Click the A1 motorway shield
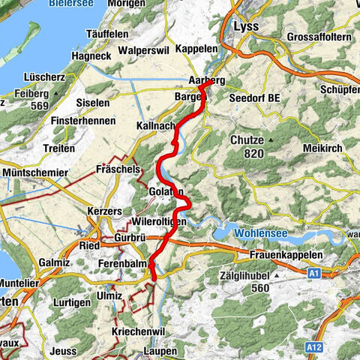click(315, 274)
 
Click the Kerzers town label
click(105, 211)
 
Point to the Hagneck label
click(91, 55)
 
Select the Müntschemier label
click(31, 172)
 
